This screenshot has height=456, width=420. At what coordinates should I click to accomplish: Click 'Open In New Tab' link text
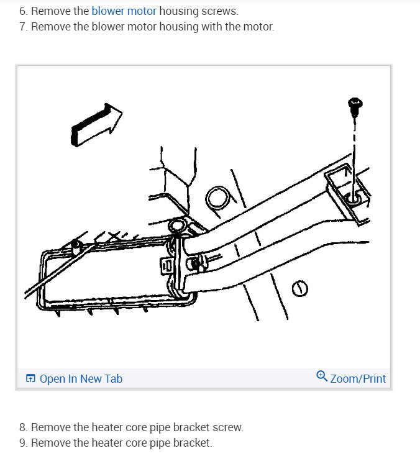pyautogui.click(x=81, y=378)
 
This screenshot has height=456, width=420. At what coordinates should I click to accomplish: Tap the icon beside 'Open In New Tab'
pyautogui.click(x=30, y=378)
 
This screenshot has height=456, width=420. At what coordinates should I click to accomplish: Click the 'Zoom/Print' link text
pyautogui.click(x=358, y=378)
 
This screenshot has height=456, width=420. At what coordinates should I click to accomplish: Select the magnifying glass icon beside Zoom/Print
pyautogui.click(x=321, y=376)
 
